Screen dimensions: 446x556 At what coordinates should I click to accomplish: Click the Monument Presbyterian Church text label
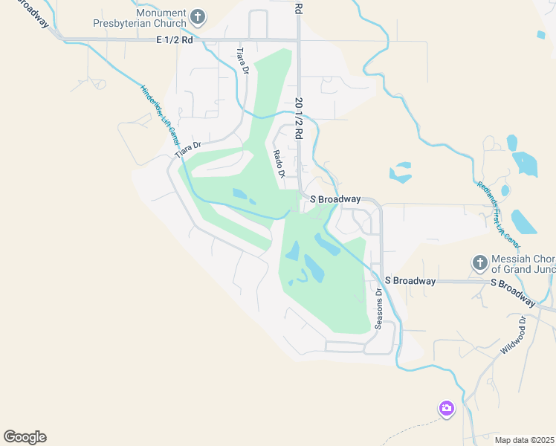(140, 17)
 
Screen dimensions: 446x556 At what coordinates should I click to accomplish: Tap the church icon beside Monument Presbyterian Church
(198, 16)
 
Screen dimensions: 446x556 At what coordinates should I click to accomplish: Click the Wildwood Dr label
(514, 335)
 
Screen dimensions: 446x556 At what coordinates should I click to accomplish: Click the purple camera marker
(446, 408)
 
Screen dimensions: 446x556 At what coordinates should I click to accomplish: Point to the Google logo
(25, 437)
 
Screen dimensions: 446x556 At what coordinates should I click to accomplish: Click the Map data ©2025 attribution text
(523, 440)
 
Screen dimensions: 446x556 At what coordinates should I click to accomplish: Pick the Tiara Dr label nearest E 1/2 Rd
(242, 61)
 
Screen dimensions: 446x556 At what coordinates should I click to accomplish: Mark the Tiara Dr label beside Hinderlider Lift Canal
(189, 149)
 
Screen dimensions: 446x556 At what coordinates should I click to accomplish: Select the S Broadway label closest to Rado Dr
(335, 199)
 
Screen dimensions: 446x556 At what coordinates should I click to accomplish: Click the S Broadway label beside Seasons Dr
(410, 281)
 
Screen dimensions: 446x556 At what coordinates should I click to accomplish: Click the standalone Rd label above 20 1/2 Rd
(299, 7)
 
